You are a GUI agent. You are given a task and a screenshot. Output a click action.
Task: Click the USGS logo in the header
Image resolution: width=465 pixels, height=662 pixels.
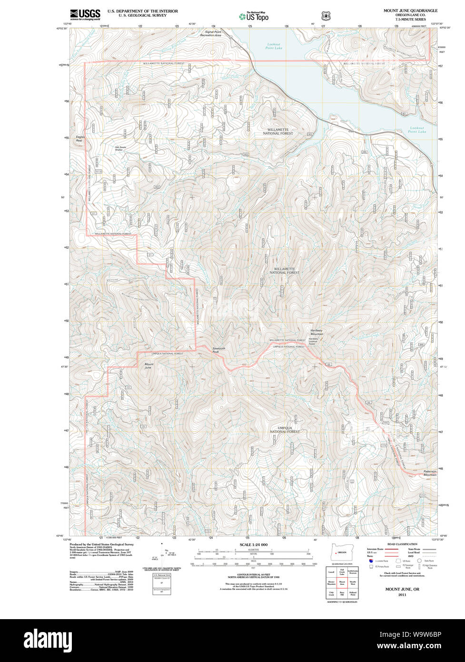point(85,14)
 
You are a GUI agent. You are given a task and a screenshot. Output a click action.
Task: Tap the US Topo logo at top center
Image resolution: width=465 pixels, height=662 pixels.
point(254,16)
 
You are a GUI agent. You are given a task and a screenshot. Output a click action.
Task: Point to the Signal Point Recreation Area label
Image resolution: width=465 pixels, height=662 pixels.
point(210,33)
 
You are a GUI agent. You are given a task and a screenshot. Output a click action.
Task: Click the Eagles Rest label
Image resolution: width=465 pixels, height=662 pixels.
point(79,139)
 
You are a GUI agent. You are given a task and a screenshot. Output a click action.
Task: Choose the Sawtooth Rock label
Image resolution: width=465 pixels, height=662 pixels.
point(219,350)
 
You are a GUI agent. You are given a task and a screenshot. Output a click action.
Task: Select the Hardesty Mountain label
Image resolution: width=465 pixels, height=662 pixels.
point(317,332)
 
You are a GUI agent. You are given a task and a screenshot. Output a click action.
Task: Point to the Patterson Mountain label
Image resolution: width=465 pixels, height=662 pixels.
point(430,473)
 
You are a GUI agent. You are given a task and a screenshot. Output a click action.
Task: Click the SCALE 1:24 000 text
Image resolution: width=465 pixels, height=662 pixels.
point(253,544)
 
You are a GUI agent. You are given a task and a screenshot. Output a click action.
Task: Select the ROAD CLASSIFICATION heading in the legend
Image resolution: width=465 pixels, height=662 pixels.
point(402,544)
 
